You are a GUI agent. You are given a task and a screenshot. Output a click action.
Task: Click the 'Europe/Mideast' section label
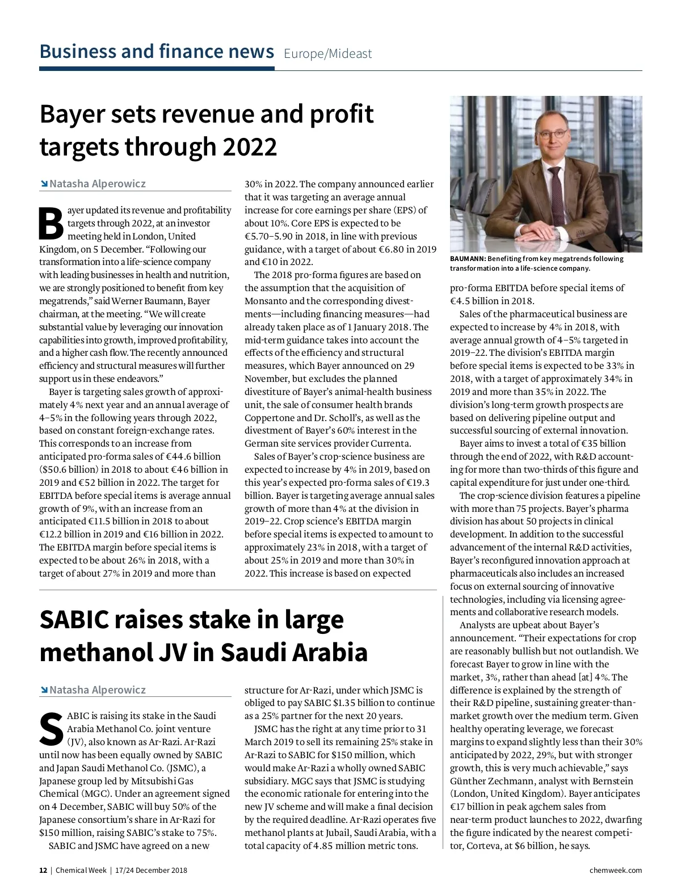[x=327, y=54]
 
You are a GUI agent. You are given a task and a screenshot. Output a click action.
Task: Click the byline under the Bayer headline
[x=97, y=184]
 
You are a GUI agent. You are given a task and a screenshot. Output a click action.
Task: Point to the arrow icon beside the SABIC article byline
[x=44, y=690]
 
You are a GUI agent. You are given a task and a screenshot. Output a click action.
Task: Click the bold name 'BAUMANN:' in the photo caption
[x=468, y=259]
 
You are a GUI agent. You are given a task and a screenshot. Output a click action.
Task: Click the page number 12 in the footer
[x=43, y=871]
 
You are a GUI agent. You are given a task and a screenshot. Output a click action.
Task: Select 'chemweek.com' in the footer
[x=616, y=871]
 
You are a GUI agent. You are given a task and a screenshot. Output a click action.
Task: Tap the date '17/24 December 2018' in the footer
[x=150, y=871]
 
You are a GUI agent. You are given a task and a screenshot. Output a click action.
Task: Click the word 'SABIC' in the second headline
[x=74, y=620]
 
